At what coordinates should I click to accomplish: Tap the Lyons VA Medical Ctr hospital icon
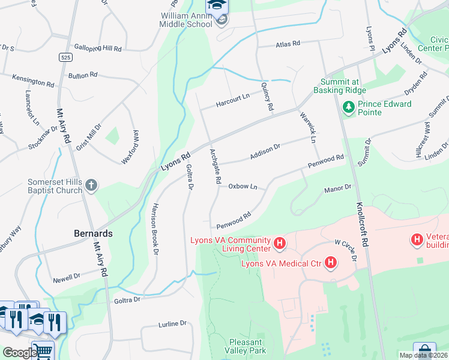tap(330, 262)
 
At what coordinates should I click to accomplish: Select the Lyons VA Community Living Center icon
tap(279, 243)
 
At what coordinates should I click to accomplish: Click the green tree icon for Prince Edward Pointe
tap(348, 108)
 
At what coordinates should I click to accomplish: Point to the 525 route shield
tap(65, 57)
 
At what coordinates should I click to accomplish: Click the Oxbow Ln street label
tap(243, 187)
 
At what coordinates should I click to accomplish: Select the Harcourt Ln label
tap(233, 97)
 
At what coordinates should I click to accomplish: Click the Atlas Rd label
tap(286, 44)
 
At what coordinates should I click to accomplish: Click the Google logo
tap(19, 353)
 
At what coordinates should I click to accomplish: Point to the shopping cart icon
tap(41, 351)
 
